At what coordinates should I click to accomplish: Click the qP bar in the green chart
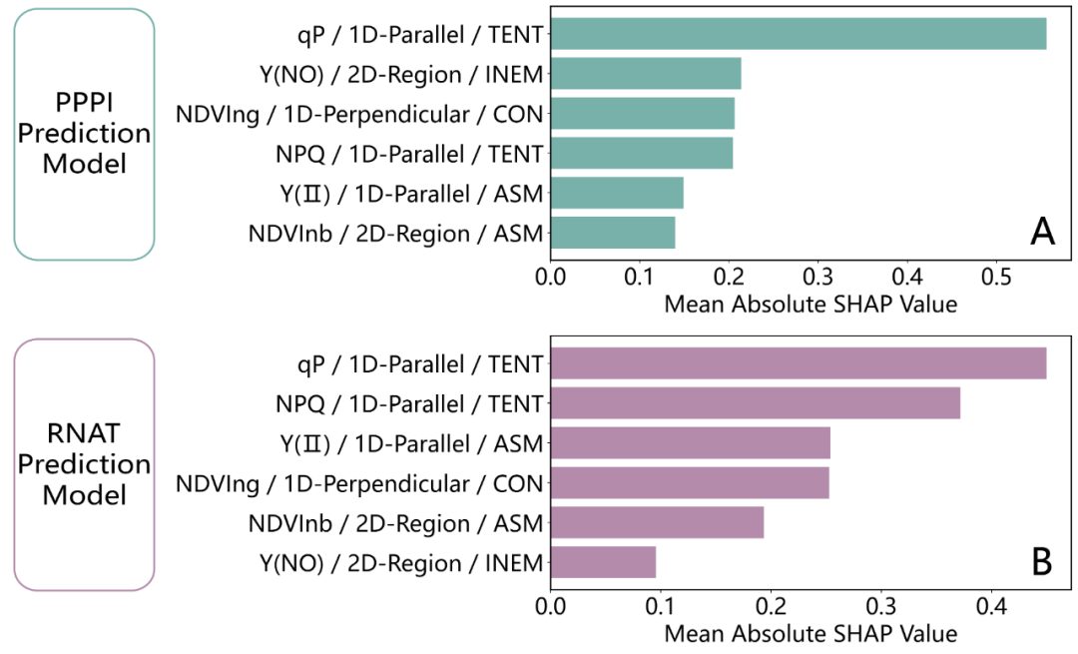(x=799, y=34)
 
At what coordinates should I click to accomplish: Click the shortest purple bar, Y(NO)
(x=603, y=562)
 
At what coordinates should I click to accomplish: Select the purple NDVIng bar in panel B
(x=690, y=483)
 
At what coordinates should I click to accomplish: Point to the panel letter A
(x=1042, y=233)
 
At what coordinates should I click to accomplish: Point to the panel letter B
(x=1041, y=562)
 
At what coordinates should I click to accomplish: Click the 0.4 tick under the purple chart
(x=990, y=606)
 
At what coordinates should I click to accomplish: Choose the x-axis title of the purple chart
(x=809, y=634)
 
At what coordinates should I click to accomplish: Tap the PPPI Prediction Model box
(x=84, y=134)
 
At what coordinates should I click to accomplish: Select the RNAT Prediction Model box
(x=84, y=464)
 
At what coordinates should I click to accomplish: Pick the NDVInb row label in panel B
(x=395, y=523)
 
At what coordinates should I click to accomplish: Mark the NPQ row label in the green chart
(x=409, y=154)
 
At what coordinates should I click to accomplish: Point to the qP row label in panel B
(x=413, y=363)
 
